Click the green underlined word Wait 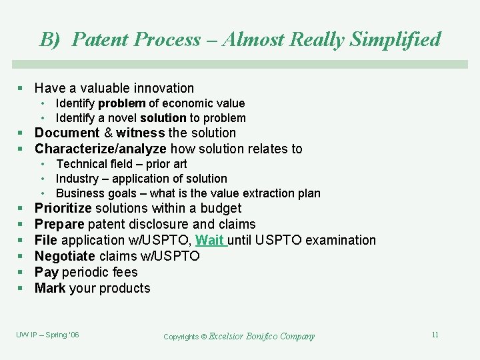tap(210, 240)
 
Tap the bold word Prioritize tap(63, 208)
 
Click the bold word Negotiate tap(65, 256)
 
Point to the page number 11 tap(435, 335)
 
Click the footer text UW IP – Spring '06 tap(47, 335)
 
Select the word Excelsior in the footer tap(231, 337)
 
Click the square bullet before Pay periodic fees tap(21, 273)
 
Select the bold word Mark tap(49, 288)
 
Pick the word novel tap(122, 118)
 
